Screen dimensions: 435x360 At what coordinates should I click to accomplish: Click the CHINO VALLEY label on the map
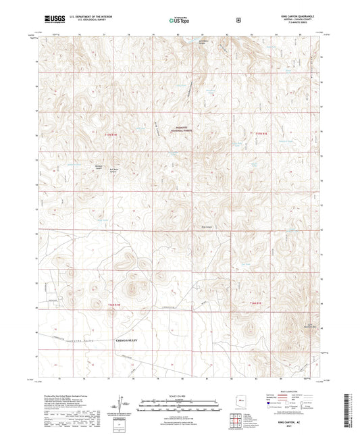coord(126,340)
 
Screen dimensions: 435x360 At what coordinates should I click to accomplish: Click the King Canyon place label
coord(207,226)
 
